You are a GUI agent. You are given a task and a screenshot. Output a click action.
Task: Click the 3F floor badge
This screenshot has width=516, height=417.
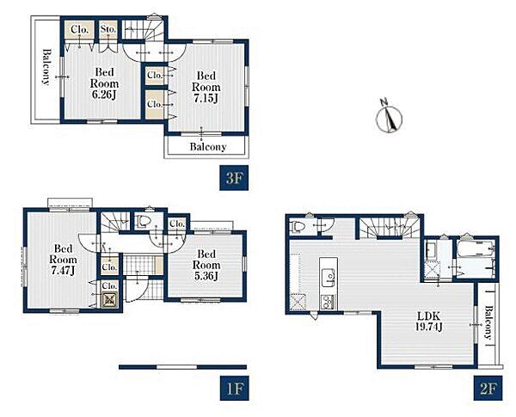pyautogui.click(x=234, y=178)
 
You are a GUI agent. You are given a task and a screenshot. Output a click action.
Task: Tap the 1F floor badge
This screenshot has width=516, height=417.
pyautogui.click(x=234, y=388)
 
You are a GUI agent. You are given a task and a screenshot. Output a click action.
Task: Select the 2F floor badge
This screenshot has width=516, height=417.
pyautogui.click(x=488, y=388)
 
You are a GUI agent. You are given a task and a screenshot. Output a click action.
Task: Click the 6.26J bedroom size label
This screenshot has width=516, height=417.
pyautogui.click(x=104, y=95)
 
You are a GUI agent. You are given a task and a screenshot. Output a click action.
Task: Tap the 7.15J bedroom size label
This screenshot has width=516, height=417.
pyautogui.click(x=206, y=98)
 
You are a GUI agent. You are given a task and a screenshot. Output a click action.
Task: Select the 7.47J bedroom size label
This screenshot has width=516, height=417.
pyautogui.click(x=63, y=270)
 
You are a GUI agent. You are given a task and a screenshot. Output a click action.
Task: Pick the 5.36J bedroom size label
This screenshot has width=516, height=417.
pyautogui.click(x=206, y=276)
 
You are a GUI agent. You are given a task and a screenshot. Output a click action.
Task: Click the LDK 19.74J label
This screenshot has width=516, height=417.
pyautogui.click(x=428, y=322)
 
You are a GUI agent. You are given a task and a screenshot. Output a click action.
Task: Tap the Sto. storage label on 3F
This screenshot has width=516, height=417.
pyautogui.click(x=108, y=29)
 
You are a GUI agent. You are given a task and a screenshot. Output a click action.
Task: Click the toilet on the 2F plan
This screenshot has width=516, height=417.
pyautogui.click(x=297, y=227)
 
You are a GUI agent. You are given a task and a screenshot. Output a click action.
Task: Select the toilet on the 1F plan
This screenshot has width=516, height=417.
pyautogui.click(x=143, y=221)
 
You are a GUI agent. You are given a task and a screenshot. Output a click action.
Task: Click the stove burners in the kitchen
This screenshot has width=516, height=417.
pyautogui.click(x=329, y=302)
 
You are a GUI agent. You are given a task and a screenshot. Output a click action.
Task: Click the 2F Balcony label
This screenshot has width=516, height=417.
pyautogui.click(x=488, y=322)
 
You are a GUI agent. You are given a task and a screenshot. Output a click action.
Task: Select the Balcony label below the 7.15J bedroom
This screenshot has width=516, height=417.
pyautogui.click(x=208, y=146)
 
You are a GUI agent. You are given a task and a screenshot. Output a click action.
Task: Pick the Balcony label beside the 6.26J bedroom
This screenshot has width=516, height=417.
pyautogui.click(x=46, y=67)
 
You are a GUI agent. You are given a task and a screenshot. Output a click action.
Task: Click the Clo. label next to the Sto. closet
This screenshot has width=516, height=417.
pyautogui.click(x=80, y=29)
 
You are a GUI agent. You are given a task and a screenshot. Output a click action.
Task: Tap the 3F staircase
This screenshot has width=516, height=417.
pyautogui.click(x=143, y=30)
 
